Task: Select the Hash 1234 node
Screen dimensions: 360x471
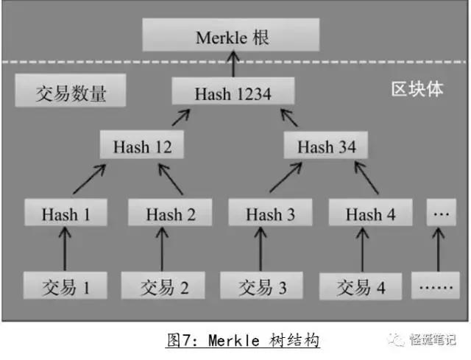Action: point(233,93)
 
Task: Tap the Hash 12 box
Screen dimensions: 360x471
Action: point(143,147)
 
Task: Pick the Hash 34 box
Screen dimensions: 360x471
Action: point(327,147)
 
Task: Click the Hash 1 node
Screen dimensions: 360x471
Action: point(65,214)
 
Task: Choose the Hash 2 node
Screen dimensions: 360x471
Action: point(170,214)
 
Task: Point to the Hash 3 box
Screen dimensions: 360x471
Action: point(270,214)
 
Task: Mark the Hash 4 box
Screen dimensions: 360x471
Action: point(370,214)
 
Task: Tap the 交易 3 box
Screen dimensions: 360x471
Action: point(263,286)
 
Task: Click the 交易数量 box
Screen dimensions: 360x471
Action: point(71,93)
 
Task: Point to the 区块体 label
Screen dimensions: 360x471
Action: point(417,90)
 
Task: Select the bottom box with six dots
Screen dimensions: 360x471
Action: point(436,286)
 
